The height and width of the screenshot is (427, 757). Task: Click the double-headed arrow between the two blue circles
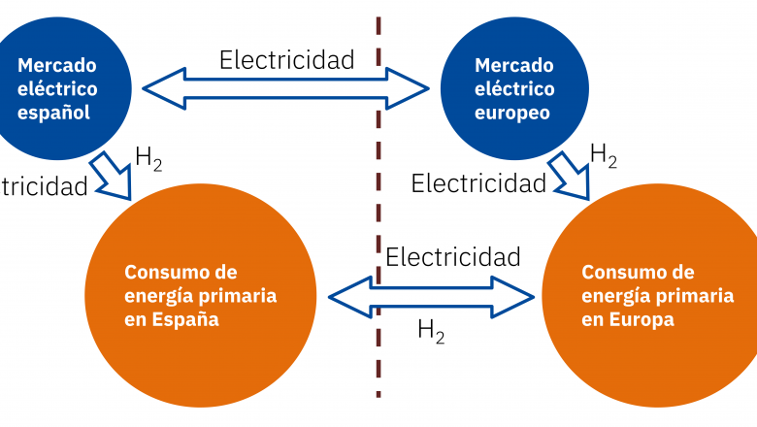pos(286,90)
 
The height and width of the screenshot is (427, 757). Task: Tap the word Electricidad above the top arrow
pos(286,59)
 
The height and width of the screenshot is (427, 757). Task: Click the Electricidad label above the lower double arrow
pos(453,257)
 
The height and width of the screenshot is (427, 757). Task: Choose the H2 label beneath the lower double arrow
pos(431,331)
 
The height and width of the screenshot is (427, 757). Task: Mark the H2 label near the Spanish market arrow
pos(148,158)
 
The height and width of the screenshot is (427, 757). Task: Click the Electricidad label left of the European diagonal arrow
pos(478,182)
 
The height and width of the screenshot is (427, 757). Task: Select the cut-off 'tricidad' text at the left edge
pos(43,186)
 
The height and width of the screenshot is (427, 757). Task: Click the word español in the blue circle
pos(54,113)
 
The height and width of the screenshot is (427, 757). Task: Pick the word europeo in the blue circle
pos(513,113)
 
